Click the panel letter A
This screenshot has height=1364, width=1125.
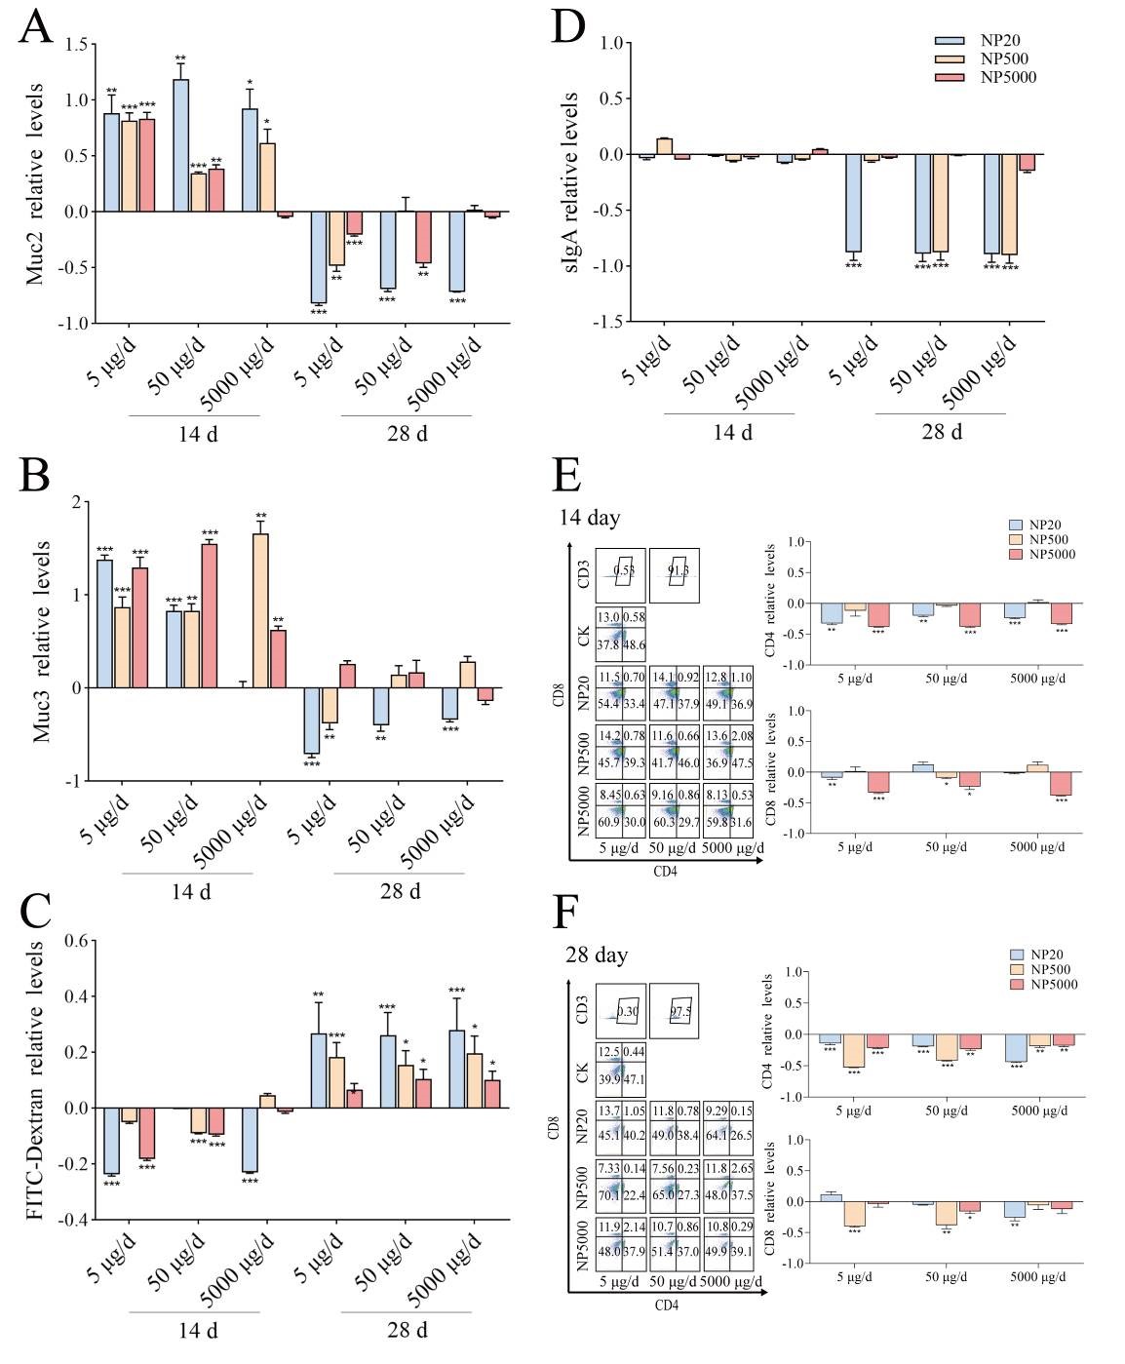coord(35,26)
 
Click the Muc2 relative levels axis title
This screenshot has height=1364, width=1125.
coord(35,183)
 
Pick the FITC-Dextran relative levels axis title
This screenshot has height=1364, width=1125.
coord(35,1080)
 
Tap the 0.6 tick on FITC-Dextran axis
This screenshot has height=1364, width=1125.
coord(78,941)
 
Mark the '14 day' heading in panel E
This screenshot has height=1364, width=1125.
coord(590,518)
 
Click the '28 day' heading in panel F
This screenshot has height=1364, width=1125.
coord(597,955)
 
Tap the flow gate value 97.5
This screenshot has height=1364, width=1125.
coord(679,1011)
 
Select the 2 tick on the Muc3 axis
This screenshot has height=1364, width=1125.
coord(78,503)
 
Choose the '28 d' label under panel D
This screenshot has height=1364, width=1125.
coord(942,432)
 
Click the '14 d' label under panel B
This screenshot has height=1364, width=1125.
coord(191,891)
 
